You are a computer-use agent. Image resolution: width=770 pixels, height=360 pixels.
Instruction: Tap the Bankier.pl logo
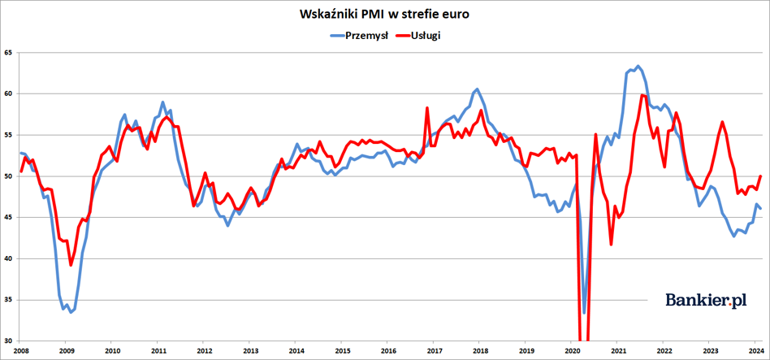pos(706,300)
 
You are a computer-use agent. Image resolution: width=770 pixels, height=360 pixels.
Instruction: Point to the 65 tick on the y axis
pos(9,53)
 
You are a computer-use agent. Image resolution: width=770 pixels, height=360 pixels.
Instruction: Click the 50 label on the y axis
pos(9,176)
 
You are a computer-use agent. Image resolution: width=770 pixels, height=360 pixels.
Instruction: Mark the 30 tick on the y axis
pos(9,341)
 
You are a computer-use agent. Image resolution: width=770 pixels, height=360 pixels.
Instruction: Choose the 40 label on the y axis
pos(9,258)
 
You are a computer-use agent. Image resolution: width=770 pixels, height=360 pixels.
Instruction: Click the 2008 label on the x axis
pos(21,351)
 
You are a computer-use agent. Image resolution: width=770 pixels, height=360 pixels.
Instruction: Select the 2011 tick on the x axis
pos(158,351)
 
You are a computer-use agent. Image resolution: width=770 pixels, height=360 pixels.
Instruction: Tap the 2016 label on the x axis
pos(388,351)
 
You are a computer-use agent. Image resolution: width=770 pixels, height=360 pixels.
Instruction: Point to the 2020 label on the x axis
pos(572,351)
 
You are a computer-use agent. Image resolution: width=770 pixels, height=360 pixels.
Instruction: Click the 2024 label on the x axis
pos(755,351)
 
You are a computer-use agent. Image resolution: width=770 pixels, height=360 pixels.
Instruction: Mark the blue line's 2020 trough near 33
pos(584,313)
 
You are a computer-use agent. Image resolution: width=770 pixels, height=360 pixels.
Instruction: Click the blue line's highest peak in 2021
pos(638,66)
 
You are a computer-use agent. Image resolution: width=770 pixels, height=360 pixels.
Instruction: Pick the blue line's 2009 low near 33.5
pos(71,312)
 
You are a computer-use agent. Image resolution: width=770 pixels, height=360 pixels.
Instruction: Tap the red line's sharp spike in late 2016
pos(427,108)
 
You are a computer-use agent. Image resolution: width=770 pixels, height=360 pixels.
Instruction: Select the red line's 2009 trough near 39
pos(71,265)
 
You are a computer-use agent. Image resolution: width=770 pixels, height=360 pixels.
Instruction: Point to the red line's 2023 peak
pos(722,122)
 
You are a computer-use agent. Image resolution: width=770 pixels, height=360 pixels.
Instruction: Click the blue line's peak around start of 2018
pos(477,89)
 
